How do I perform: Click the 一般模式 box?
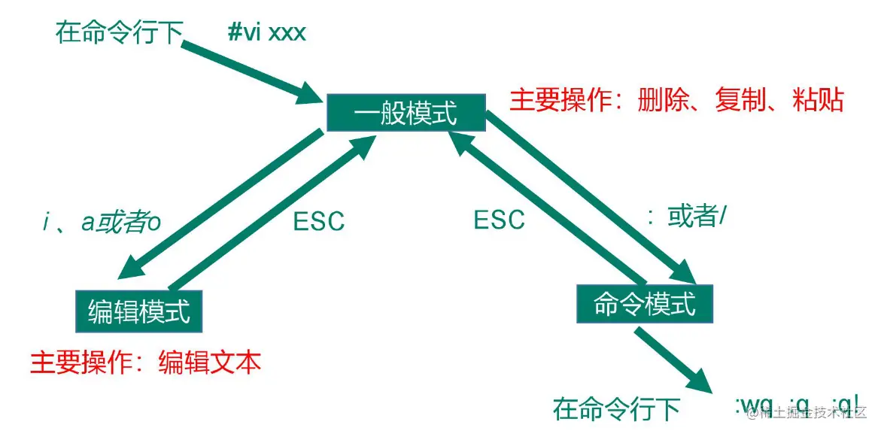406,115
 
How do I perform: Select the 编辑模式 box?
139,311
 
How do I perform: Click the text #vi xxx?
267,33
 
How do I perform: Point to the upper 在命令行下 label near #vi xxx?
119,32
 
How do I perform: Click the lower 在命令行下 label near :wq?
616,409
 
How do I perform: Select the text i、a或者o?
102,223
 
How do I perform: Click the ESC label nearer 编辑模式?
318,221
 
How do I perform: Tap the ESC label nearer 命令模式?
499,220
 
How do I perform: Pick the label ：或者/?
687,217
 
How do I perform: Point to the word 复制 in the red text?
740,100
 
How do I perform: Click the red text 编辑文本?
210,363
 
